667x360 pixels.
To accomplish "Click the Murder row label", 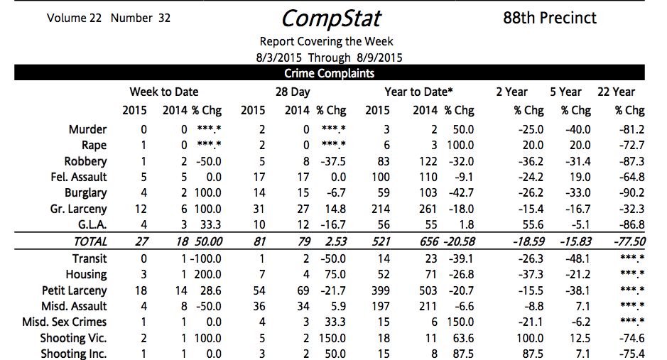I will pos(87,129).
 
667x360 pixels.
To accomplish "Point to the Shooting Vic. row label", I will pos(73,338).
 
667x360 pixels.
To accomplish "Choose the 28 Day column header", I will pos(293,92).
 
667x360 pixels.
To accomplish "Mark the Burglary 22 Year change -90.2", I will pos(629,192).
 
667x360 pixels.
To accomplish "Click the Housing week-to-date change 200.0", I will pos(209,274).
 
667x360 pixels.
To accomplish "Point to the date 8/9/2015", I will pos(379,58).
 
